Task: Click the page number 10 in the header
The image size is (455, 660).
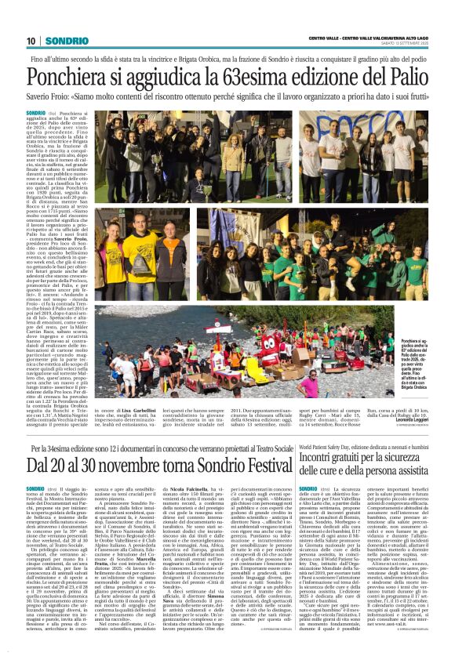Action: coord(31,40)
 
